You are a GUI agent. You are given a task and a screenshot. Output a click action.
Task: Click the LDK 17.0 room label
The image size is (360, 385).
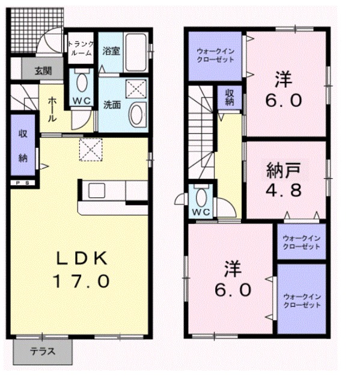(82, 269)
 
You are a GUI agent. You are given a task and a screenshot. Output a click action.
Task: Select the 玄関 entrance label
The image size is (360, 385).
(43, 70)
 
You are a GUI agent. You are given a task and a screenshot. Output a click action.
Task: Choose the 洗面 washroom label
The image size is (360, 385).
(110, 103)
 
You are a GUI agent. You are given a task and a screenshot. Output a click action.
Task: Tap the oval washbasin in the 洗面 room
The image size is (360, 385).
(138, 113)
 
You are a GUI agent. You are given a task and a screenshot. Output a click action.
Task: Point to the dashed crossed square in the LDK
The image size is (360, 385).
(91, 150)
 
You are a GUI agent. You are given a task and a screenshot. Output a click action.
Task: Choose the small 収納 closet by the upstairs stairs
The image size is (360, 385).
(230, 97)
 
